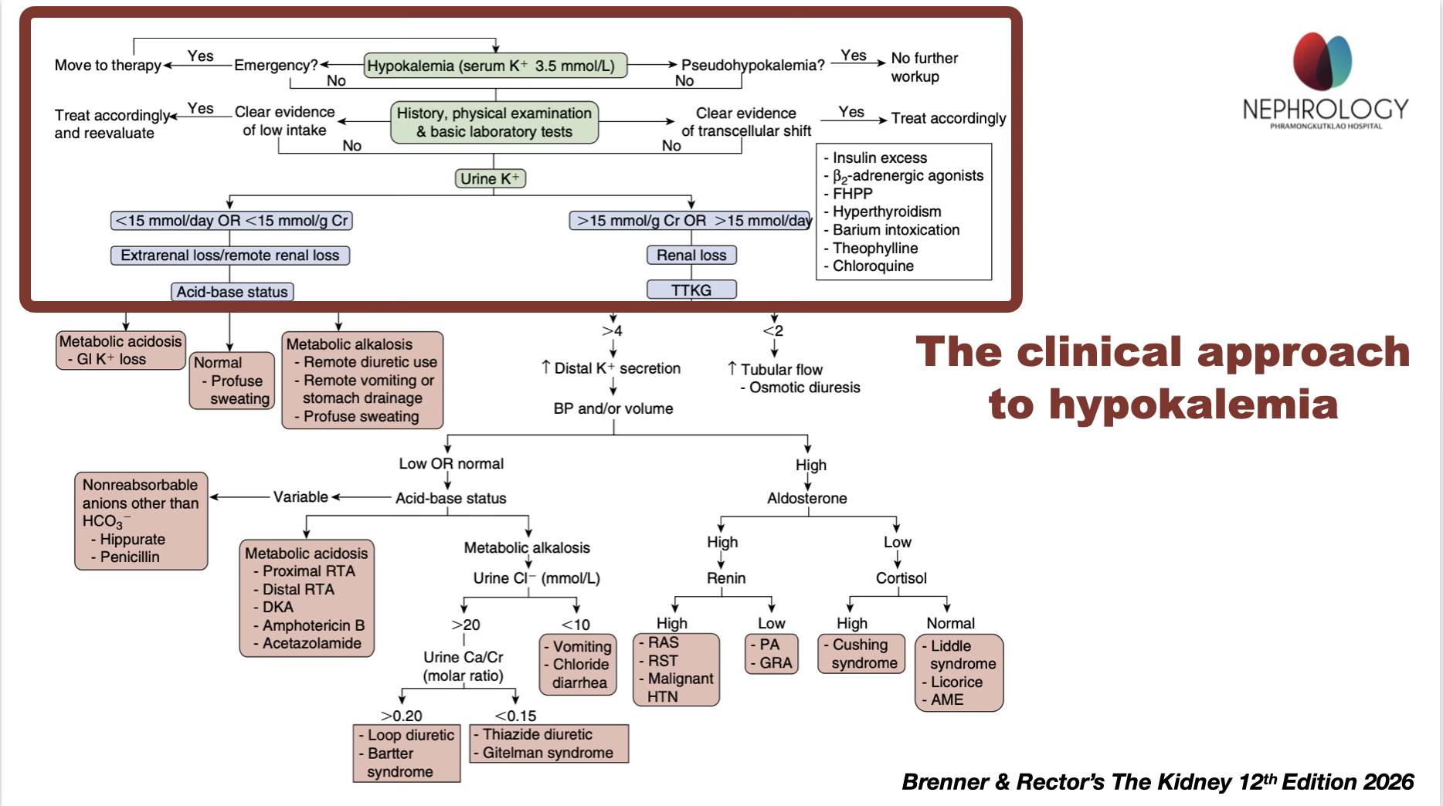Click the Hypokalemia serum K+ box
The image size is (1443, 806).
[495, 66]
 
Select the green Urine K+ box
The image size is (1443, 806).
[490, 178]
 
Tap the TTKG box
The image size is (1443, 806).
[691, 290]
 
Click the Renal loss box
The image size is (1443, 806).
[691, 255]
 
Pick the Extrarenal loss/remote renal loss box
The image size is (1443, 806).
[230, 255]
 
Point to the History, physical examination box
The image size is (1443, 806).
[494, 122]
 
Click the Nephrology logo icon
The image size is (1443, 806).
[1322, 62]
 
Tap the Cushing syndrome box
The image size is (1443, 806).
[861, 654]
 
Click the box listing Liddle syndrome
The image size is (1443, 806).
[959, 672]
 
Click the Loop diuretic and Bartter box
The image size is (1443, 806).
[406, 753]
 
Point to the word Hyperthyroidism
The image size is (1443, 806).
[887, 212]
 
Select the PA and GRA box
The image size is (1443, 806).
[771, 654]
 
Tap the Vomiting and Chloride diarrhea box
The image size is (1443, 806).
[578, 665]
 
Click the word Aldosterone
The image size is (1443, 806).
[807, 498]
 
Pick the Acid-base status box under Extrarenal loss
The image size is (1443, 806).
[232, 291]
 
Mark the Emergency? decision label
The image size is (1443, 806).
[276, 65]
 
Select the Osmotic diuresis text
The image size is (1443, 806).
[804, 387]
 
